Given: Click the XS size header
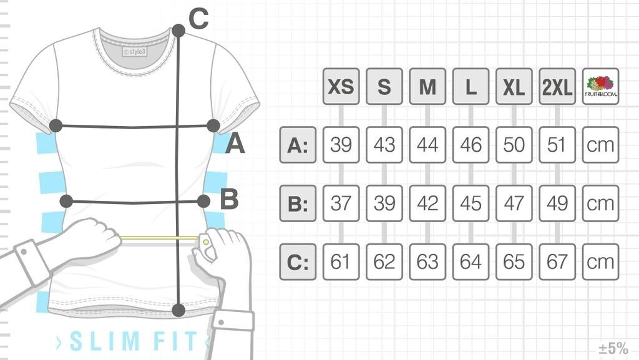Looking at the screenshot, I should pos(341,86).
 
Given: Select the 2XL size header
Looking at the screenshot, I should pos(557,86).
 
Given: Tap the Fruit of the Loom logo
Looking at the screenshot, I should pos(600,86).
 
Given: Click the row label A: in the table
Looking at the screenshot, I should pos(298,145).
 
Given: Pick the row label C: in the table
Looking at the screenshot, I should pos(298,262).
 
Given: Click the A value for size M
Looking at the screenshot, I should pos(427,145).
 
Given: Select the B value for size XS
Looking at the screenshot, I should pos(341,203).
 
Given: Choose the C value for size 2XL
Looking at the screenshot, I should pos(557,262).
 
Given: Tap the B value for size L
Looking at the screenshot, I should pos(471,203).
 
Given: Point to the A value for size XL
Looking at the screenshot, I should pos(514,145).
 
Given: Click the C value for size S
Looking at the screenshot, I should pos(384,262).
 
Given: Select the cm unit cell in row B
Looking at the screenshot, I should pos(600,203).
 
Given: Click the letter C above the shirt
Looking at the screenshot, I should pos(198,20).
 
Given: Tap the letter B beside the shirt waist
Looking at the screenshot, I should pos(229,200).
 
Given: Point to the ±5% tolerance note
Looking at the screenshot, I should pos(613,348).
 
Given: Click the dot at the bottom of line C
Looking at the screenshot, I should pos(178,309).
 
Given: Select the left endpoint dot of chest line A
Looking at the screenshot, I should pos(56,125).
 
